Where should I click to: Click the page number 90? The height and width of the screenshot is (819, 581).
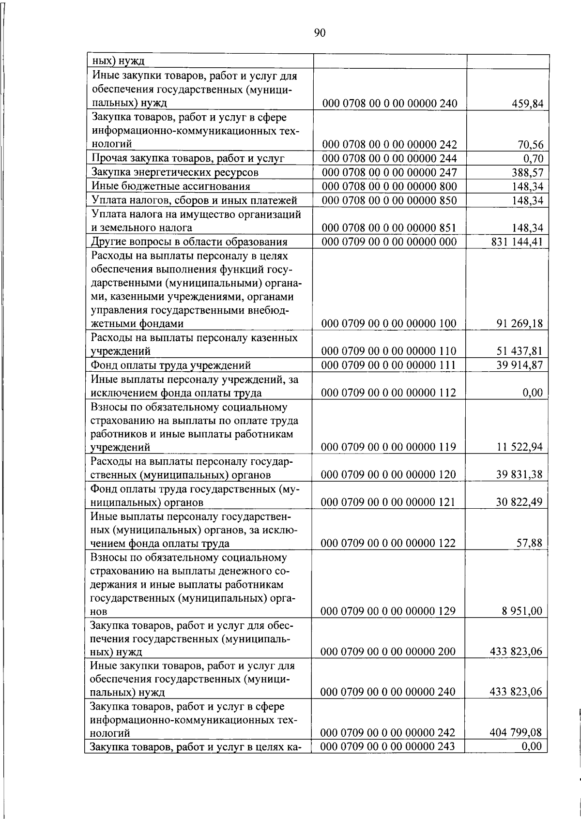[320, 33]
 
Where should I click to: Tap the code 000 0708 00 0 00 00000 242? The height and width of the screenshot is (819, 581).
[389, 145]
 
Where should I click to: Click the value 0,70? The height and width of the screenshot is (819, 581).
[533, 159]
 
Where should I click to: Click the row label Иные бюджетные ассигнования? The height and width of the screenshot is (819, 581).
[171, 186]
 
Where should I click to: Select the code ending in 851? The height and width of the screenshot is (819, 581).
[389, 228]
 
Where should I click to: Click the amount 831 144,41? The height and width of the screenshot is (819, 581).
[517, 242]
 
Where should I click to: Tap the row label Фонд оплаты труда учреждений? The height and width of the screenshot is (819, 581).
[171, 365]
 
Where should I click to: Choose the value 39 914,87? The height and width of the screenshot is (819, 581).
[520, 365]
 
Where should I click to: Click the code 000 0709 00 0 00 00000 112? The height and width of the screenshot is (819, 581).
[389, 393]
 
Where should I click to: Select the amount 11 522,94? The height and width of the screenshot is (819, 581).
[520, 447]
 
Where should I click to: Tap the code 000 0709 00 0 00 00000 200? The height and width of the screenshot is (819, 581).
[389, 652]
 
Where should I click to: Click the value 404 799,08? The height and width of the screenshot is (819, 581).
[516, 733]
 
